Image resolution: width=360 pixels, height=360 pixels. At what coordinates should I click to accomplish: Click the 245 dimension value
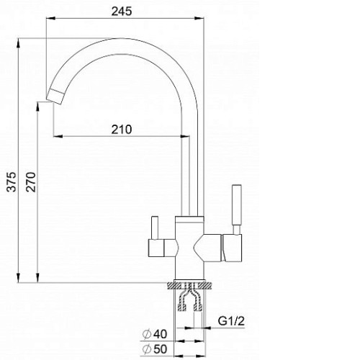pyautogui.click(x=122, y=12)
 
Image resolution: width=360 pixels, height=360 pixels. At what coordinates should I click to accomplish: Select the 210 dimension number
pyautogui.click(x=122, y=130)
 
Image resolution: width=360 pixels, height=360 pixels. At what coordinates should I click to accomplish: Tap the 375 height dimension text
pyautogui.click(x=12, y=181)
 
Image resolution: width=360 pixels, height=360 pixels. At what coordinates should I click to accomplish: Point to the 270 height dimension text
pyautogui.click(x=31, y=181)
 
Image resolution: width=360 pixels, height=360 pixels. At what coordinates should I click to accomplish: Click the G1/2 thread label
pyautogui.click(x=231, y=321)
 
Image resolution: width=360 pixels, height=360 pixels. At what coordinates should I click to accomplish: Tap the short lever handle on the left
pyautogui.click(x=155, y=228)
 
